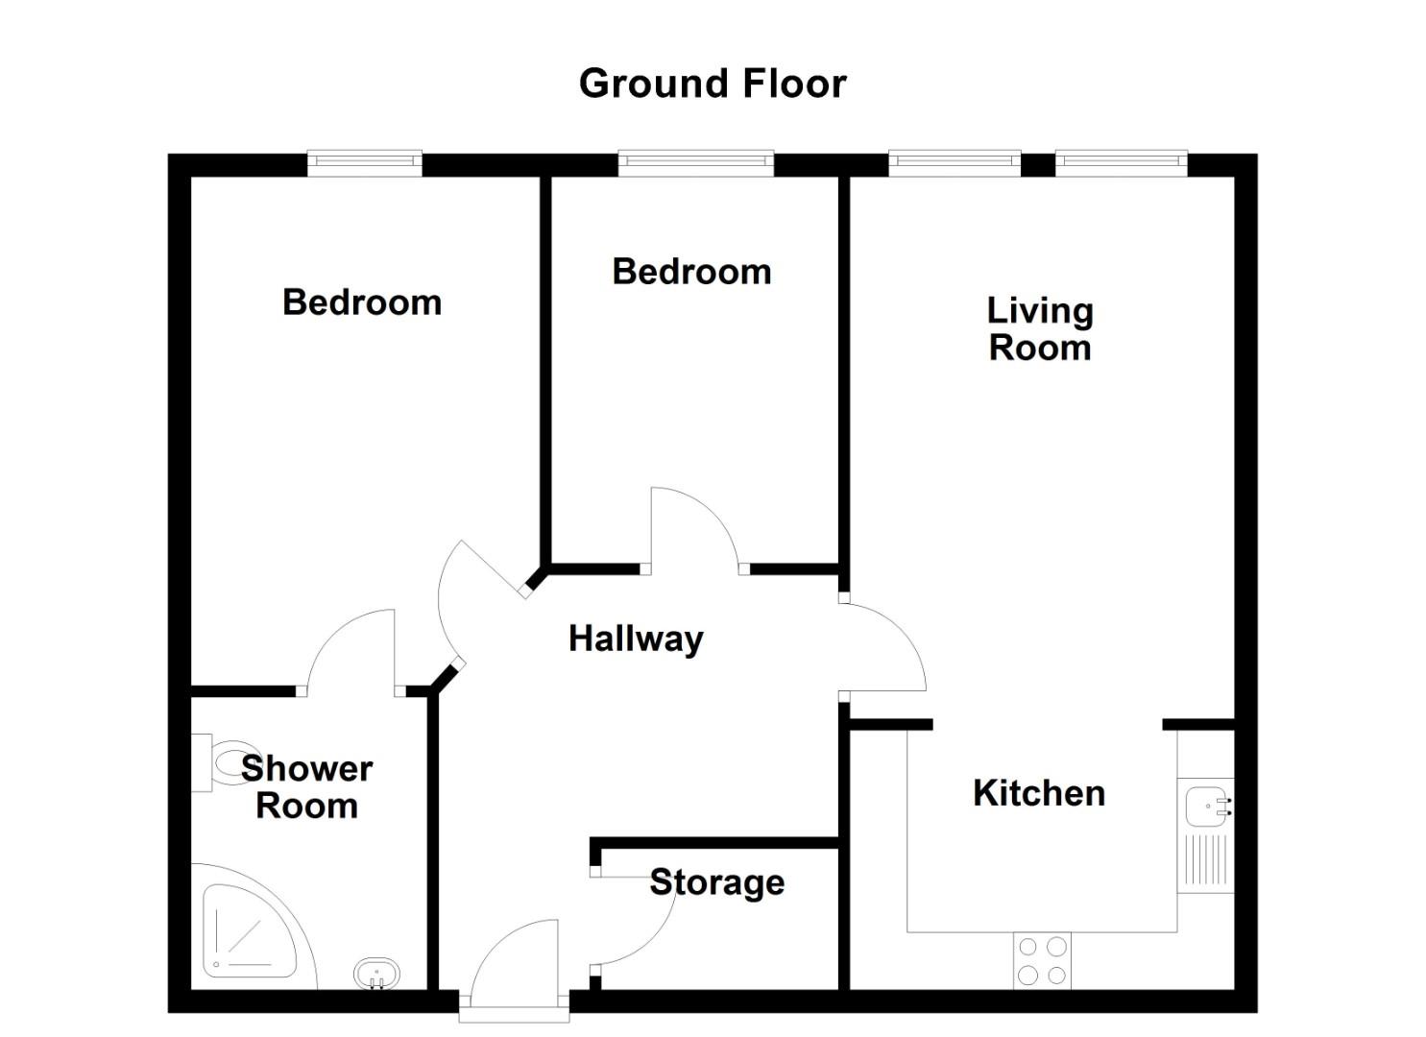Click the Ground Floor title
pyautogui.click(x=713, y=84)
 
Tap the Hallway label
pyautogui.click(x=636, y=639)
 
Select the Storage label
pyautogui.click(x=717, y=882)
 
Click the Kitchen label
pyautogui.click(x=1039, y=793)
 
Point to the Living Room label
pyautogui.click(x=1040, y=329)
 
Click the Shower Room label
pyautogui.click(x=306, y=787)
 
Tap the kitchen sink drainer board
pyautogui.click(x=1206, y=859)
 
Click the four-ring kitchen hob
pyautogui.click(x=1043, y=960)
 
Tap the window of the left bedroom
pyautogui.click(x=364, y=162)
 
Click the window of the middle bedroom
pyautogui.click(x=695, y=162)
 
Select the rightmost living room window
pyautogui.click(x=1121, y=162)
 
